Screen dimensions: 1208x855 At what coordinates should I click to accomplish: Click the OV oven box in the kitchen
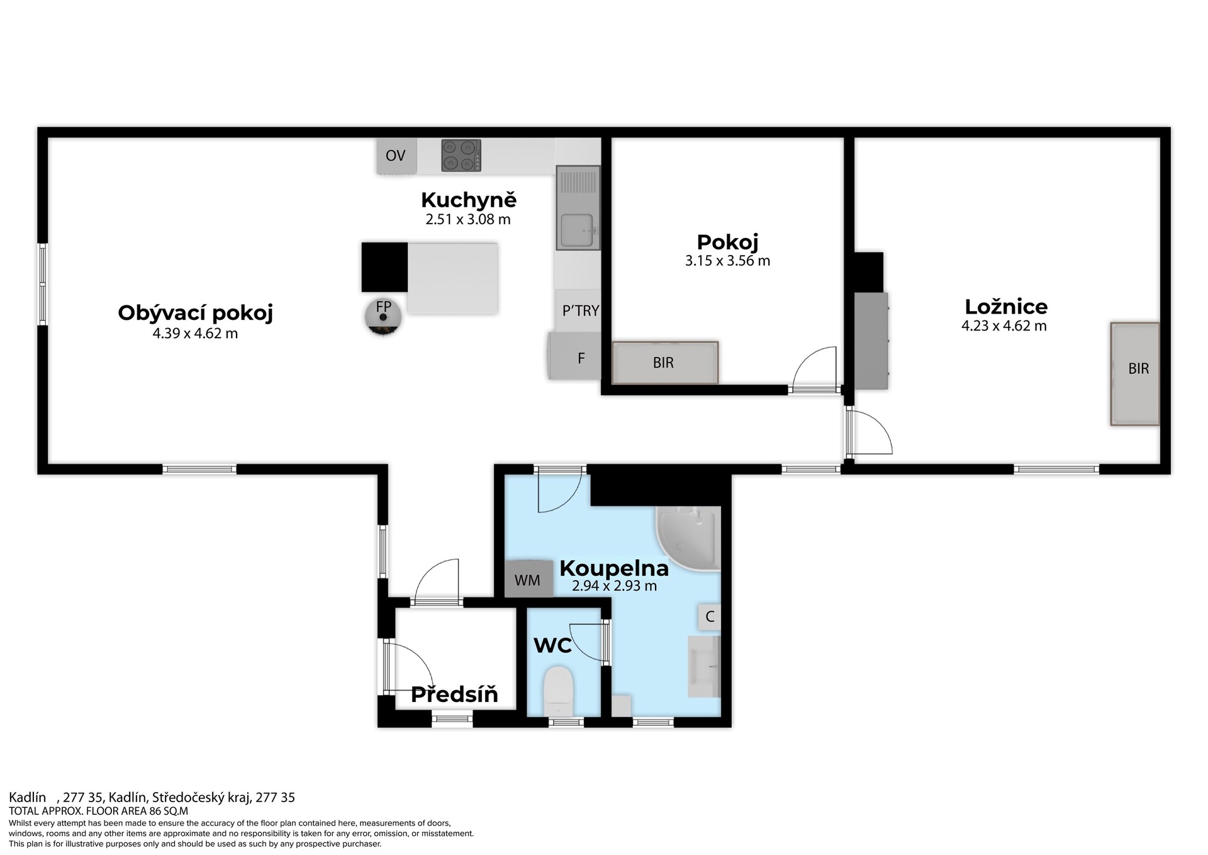[x=396, y=156]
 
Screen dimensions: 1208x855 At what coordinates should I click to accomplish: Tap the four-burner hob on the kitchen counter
[x=461, y=156]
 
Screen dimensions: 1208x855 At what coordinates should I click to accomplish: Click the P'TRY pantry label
[x=581, y=310]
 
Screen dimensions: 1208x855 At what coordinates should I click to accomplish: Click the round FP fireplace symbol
[x=383, y=316]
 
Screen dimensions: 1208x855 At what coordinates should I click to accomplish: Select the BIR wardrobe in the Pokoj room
[x=665, y=363]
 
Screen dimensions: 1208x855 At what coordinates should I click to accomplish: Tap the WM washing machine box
[x=528, y=579]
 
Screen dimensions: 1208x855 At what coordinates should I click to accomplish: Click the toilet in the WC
[x=558, y=691]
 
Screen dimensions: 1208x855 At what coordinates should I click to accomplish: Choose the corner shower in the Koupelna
[x=688, y=539]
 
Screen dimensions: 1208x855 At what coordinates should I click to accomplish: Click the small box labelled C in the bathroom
[x=710, y=616]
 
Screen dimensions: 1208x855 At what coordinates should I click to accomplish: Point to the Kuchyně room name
[x=469, y=200]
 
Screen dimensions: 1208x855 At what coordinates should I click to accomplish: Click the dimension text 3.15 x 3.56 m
[x=727, y=261]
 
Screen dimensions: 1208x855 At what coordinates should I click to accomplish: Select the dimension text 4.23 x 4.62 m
[x=1004, y=326]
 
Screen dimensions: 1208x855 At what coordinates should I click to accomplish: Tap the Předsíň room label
[x=454, y=694]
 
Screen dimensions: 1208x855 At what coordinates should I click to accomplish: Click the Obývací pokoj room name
[x=196, y=313]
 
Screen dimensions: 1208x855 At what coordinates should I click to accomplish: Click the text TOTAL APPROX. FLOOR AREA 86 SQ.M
[x=98, y=812]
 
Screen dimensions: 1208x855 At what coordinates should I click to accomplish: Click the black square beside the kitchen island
[x=384, y=267]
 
